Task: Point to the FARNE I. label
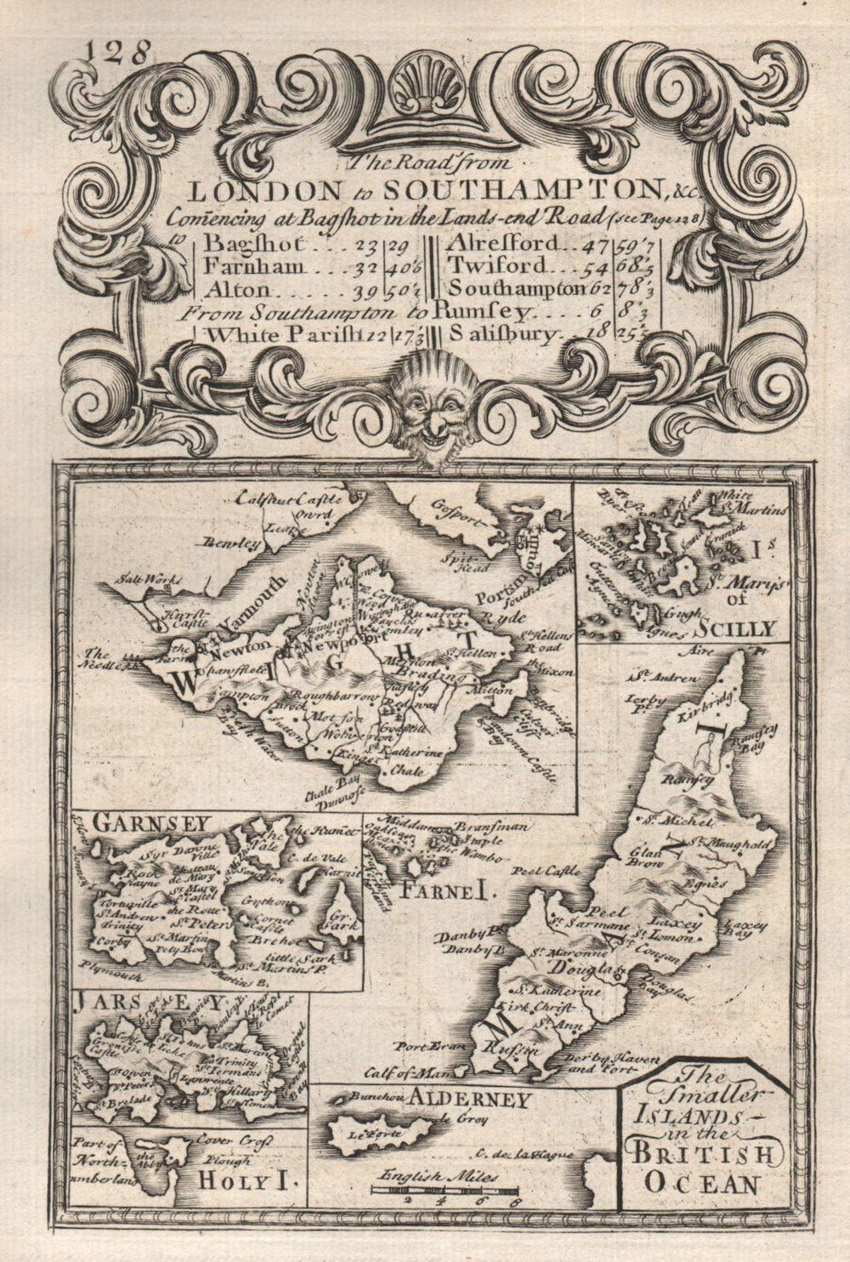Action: pyautogui.click(x=434, y=890)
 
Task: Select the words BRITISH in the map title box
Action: pyautogui.click(x=701, y=1155)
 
